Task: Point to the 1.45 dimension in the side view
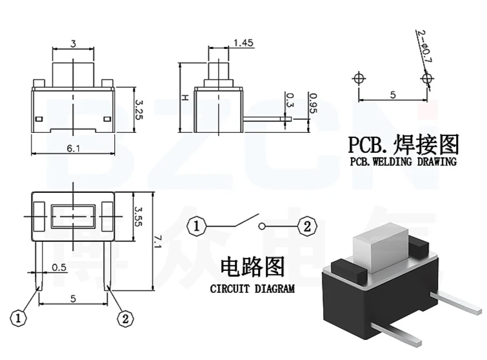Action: [x=243, y=43]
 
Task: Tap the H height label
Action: [x=184, y=97]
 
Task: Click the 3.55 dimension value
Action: [x=137, y=215]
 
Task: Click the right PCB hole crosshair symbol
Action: [x=426, y=79]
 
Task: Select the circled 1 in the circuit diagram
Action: [x=196, y=226]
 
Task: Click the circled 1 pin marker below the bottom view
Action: [x=21, y=318]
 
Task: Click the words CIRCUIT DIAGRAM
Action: [x=252, y=289]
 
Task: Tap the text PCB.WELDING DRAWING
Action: [x=403, y=161]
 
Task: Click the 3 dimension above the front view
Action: [x=74, y=44]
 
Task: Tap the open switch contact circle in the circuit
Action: [x=261, y=226]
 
